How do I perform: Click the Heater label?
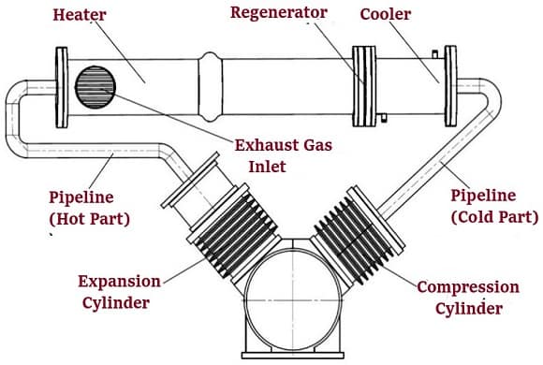click(79, 16)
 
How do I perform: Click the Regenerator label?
click(280, 13)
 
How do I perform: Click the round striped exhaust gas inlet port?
click(95, 86)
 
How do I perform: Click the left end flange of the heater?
click(62, 74)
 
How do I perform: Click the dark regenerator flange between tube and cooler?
click(362, 74)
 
